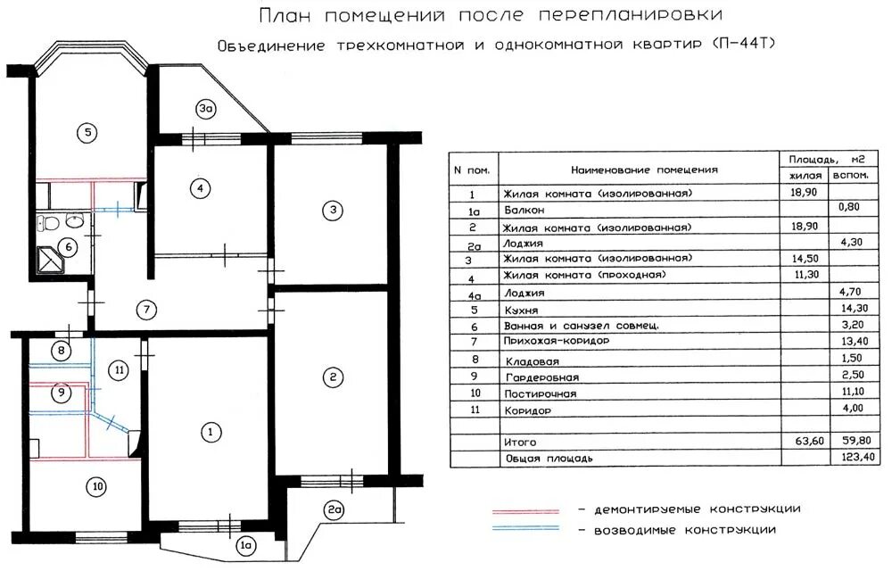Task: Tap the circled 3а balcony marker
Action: coord(206,110)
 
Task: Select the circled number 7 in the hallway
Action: coord(147,310)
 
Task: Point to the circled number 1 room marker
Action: coord(211,433)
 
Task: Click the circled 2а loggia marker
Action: coord(334,510)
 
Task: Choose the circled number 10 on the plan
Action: coord(96,486)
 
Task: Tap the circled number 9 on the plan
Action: coord(61,392)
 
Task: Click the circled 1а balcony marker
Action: coord(246,543)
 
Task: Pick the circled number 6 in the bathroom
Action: coord(66,247)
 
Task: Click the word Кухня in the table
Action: coord(520,310)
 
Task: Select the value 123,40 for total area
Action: coord(850,457)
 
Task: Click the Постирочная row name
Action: coord(540,393)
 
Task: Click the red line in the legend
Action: coord(526,512)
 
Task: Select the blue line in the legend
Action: coord(526,528)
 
